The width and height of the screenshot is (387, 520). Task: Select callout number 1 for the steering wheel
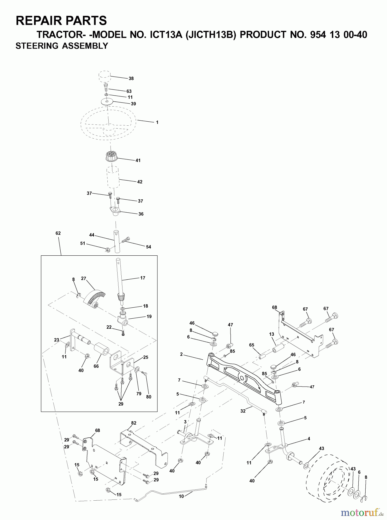157,122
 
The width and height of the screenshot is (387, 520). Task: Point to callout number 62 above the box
58,233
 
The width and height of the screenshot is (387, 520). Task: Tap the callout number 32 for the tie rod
243,411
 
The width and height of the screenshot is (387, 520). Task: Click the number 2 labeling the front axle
181,354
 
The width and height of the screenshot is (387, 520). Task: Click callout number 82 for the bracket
133,423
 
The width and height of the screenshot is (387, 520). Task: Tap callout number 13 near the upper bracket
271,334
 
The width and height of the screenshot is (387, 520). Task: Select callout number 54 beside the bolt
148,247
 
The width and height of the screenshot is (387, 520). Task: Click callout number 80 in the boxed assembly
148,397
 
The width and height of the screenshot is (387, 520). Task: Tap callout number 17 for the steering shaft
143,278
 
